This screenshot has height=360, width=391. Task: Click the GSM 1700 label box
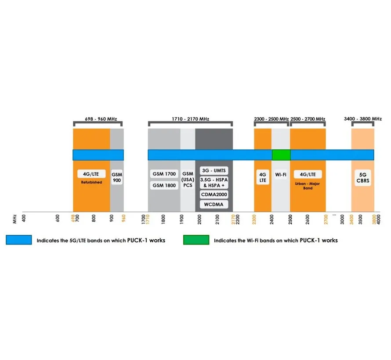click(164, 174)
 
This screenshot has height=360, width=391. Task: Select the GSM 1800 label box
click(164, 185)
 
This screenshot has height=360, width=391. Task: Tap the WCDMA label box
click(214, 205)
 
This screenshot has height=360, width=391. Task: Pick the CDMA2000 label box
click(214, 194)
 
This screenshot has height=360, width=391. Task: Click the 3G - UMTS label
click(214, 171)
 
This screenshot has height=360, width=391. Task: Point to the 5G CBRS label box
click(362, 178)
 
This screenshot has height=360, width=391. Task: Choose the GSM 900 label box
click(117, 177)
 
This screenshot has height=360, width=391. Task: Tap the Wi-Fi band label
click(281, 175)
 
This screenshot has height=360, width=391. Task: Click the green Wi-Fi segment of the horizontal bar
click(281, 155)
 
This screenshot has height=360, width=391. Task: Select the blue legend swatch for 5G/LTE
click(19, 240)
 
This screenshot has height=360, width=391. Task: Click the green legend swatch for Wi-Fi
click(196, 240)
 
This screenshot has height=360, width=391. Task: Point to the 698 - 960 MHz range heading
click(101, 119)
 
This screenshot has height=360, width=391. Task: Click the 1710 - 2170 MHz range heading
click(190, 119)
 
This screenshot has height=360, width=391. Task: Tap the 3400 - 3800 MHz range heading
click(362, 119)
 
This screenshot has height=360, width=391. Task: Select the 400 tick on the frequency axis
click(24, 218)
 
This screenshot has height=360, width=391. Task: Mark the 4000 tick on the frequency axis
click(379, 220)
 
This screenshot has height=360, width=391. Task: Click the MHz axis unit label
click(14, 219)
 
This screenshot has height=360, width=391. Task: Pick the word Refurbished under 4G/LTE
click(91, 182)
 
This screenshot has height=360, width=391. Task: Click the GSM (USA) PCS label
click(188, 180)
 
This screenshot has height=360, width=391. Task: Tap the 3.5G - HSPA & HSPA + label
click(214, 183)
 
